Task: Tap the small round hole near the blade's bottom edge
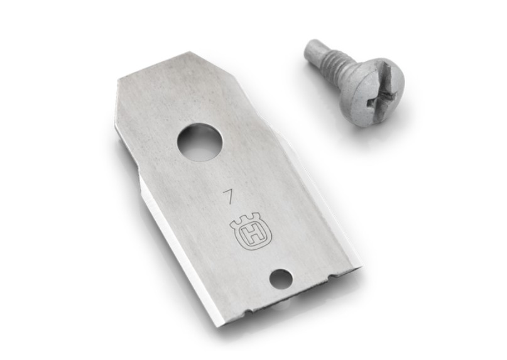coord(281,278)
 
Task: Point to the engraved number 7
coord(229,197)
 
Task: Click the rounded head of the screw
coord(372,92)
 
